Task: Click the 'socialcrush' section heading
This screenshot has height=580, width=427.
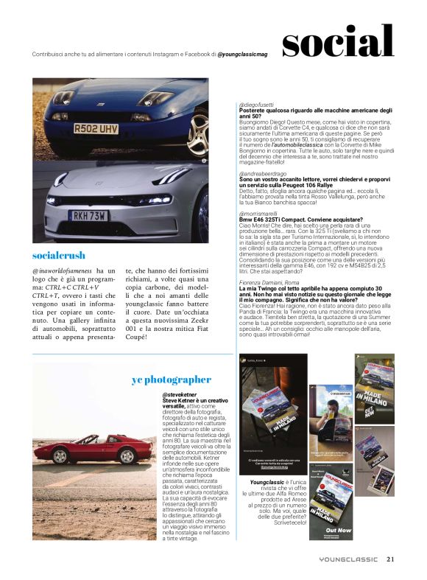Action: pyautogui.click(x=58, y=255)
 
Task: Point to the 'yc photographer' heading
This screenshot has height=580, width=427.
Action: pyautogui.click(x=171, y=380)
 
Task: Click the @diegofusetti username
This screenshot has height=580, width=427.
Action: pyautogui.click(x=257, y=105)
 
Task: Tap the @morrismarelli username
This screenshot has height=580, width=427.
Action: pyautogui.click(x=261, y=213)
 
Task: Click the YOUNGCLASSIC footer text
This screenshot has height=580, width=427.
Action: pyautogui.click(x=349, y=559)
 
